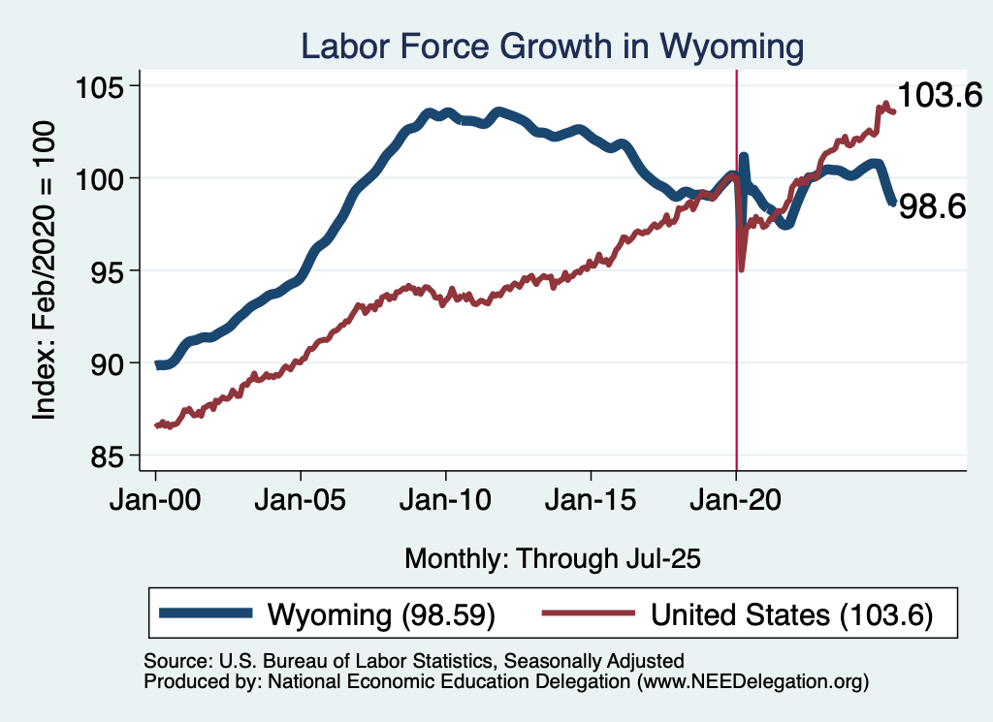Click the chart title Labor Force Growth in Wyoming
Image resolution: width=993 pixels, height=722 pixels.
tap(552, 46)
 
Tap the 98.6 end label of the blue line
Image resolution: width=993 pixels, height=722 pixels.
tap(933, 205)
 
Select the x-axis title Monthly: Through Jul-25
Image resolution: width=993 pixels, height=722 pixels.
tap(552, 558)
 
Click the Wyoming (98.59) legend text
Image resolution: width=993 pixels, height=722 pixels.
tap(381, 614)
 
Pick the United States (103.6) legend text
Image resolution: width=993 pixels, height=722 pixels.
tap(791, 614)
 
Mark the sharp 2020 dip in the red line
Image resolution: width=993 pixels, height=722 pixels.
tap(742, 268)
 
